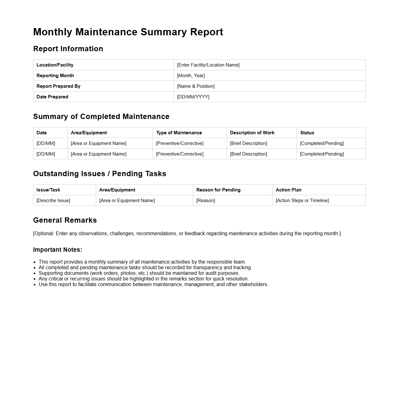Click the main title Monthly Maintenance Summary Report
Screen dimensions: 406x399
coord(128,32)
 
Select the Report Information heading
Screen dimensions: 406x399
coord(68,49)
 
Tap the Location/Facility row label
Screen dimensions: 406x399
coord(55,65)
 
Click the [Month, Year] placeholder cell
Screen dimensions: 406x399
coord(191,76)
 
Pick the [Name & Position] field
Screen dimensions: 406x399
coord(196,86)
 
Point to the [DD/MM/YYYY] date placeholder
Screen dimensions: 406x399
coord(193,97)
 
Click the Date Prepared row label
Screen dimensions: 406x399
coord(52,97)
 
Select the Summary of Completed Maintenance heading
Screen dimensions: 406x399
coord(101,116)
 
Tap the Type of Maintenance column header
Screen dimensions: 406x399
coord(179,133)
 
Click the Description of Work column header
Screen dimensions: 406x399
coord(252,133)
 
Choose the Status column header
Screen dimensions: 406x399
coord(307,133)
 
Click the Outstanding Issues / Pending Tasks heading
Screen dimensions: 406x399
coord(100,174)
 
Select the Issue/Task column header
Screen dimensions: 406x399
coord(48,190)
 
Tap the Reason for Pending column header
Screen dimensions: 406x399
coord(218,190)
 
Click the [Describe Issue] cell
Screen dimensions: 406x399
coord(53,201)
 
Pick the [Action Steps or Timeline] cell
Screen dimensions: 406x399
coord(302,201)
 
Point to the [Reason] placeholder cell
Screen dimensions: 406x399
coord(206,201)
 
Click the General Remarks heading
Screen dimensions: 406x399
coord(65,220)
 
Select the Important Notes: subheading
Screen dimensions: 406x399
coord(57,250)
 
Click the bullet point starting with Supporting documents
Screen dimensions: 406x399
coord(139,273)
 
